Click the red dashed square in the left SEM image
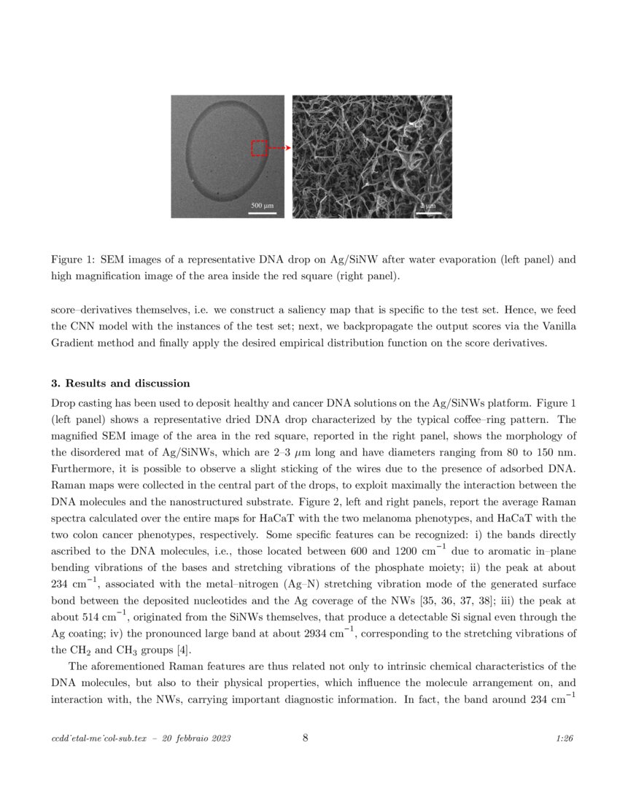260,148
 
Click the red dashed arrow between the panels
280,148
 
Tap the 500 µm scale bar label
262,206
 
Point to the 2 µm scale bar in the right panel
430,213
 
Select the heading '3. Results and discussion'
120,384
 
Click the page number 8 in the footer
305,738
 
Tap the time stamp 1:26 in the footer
565,739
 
